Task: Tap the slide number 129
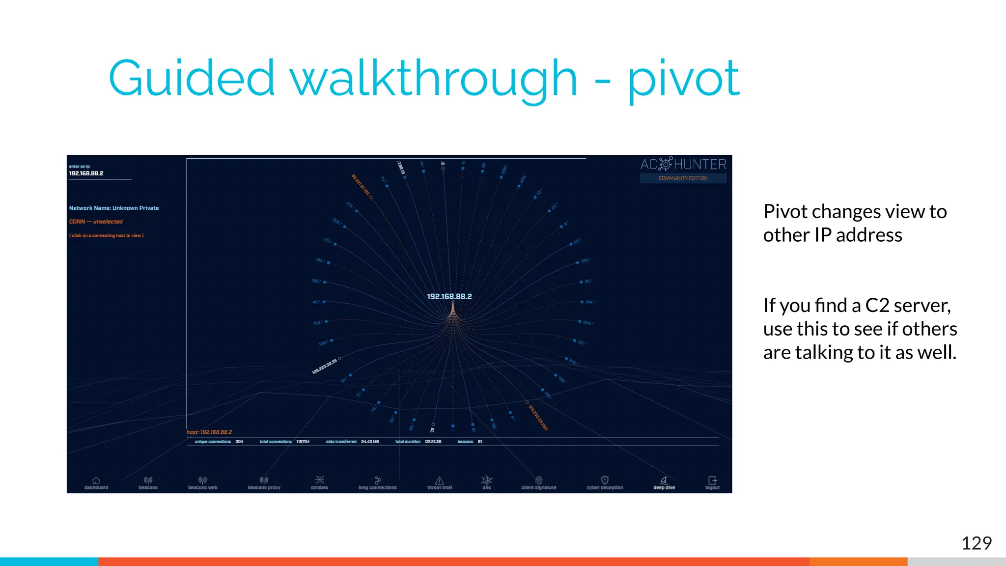click(x=976, y=543)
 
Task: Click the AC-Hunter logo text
click(x=683, y=164)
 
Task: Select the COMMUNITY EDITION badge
click(x=683, y=178)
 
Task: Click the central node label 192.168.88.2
click(x=449, y=297)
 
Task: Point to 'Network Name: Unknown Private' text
click(x=114, y=208)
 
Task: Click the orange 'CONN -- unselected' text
click(x=96, y=222)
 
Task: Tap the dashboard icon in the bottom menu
click(x=96, y=481)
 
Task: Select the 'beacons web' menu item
click(x=202, y=483)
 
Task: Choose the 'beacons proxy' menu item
click(x=264, y=483)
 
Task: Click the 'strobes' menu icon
click(x=319, y=480)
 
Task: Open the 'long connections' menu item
click(x=377, y=483)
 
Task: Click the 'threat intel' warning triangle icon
click(x=440, y=481)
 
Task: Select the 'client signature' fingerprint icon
click(x=539, y=480)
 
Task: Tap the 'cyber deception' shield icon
click(x=605, y=480)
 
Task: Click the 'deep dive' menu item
click(x=664, y=483)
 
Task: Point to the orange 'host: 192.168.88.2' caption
click(x=209, y=432)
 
